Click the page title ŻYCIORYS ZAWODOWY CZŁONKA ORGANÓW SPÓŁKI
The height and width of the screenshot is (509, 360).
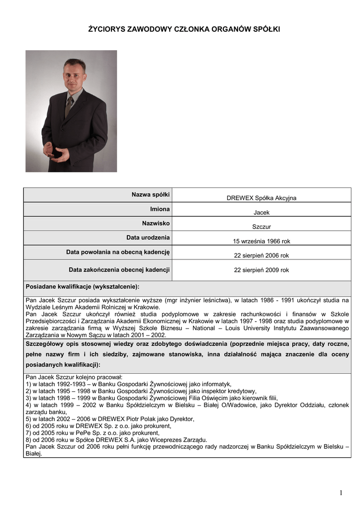pyautogui.click(x=184, y=30)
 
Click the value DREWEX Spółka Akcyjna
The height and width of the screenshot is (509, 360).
pyautogui.click(x=261, y=198)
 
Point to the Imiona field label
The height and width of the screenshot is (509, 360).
pyautogui.click(x=160, y=209)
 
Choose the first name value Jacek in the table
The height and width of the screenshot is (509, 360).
pyautogui.click(x=261, y=212)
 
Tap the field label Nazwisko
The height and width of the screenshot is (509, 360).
pyautogui.click(x=156, y=224)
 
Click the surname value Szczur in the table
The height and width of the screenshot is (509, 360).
pyautogui.click(x=261, y=227)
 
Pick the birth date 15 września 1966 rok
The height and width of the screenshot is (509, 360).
pyautogui.click(x=261, y=241)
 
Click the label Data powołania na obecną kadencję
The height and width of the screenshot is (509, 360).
pyautogui.click(x=118, y=253)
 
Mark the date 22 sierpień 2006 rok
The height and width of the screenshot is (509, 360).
pyautogui.click(x=261, y=255)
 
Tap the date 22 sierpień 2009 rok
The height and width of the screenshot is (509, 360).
pyautogui.click(x=261, y=270)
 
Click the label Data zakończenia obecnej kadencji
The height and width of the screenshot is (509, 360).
pyautogui.click(x=119, y=270)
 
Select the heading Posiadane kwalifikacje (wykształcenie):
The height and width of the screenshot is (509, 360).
pyautogui.click(x=83, y=287)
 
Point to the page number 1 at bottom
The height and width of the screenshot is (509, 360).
pyautogui.click(x=341, y=493)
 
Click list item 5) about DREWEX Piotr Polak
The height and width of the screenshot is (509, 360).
pyautogui.click(x=110, y=419)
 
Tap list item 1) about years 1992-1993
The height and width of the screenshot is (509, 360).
pyautogui.click(x=128, y=384)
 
